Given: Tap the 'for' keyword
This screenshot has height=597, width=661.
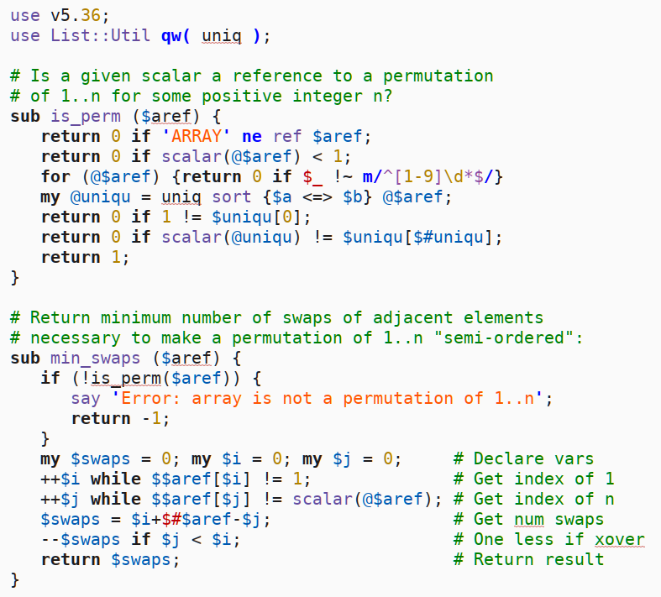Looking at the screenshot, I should [55, 176].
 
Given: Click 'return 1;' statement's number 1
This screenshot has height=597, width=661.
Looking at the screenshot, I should [116, 257].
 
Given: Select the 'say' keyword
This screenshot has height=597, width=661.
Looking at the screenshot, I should [86, 398].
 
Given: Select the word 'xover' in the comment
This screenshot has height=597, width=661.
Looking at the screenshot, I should [619, 539].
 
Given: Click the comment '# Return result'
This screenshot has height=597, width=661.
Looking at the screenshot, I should [528, 559].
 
